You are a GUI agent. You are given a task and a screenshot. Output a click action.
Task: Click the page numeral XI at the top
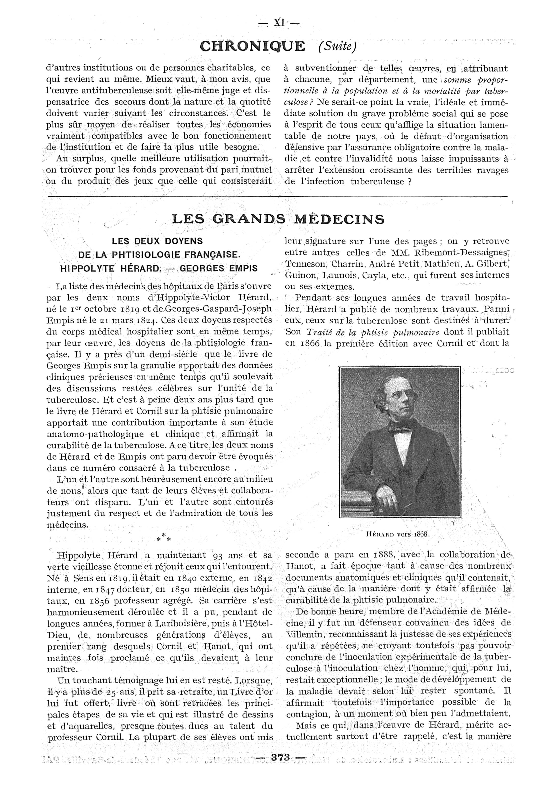click(x=279, y=23)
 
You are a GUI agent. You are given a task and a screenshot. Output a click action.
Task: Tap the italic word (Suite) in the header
click(x=337, y=47)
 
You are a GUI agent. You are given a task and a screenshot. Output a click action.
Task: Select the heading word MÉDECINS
click(x=340, y=219)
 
